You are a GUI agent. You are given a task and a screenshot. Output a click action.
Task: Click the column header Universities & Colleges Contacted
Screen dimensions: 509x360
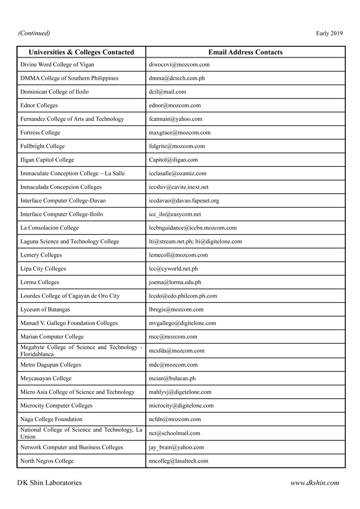[x=81, y=52]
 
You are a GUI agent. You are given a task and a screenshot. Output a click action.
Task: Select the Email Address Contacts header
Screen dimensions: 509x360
[x=245, y=52]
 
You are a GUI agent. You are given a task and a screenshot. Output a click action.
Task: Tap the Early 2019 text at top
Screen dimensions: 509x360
[x=329, y=33]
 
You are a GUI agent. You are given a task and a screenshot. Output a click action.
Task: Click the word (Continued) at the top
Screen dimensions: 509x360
[x=34, y=33]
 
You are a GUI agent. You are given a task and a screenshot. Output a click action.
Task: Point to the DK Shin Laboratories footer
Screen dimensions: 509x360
[x=49, y=483]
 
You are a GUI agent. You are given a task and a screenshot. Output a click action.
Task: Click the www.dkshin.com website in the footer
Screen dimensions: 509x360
[x=315, y=483]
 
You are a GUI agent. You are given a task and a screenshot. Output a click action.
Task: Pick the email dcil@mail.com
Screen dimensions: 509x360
[x=167, y=92]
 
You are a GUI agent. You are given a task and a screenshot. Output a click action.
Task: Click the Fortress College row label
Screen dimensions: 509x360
[x=40, y=133]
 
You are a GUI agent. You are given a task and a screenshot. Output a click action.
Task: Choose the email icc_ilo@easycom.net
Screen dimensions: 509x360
[x=175, y=214]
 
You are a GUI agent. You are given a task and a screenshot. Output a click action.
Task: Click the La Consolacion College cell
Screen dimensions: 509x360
[x=50, y=228]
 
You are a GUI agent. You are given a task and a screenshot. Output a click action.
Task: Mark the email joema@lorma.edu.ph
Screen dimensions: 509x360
[x=175, y=282]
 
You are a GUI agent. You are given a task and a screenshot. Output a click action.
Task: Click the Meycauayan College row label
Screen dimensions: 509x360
[x=46, y=378]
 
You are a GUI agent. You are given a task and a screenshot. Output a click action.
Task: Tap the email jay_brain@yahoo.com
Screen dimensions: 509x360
[x=176, y=447]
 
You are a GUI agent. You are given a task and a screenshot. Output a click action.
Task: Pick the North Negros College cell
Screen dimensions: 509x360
[x=47, y=461]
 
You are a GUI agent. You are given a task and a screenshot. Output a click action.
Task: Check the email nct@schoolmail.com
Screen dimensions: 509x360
[x=174, y=433]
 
